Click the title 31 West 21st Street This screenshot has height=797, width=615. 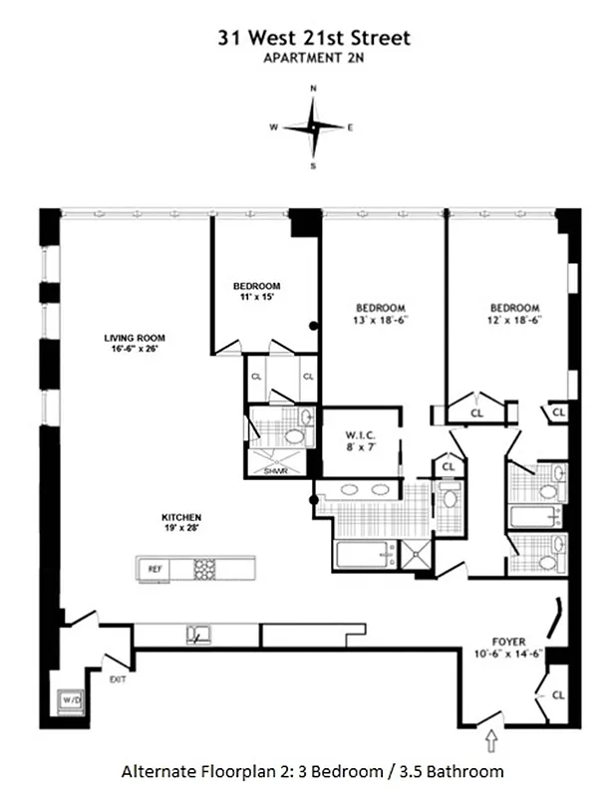pyautogui.click(x=314, y=38)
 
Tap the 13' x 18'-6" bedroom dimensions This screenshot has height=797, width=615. pyautogui.click(x=380, y=320)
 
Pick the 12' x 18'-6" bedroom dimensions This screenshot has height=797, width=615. pyautogui.click(x=514, y=320)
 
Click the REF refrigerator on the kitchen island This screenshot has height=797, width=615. pyautogui.click(x=154, y=569)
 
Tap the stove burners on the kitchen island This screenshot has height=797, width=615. pyautogui.click(x=204, y=569)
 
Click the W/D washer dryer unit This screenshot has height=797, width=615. pyautogui.click(x=73, y=699)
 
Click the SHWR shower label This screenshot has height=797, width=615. pyautogui.click(x=276, y=471)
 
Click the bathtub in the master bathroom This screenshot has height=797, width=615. pyautogui.click(x=359, y=555)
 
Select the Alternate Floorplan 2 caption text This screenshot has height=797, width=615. pyautogui.click(x=312, y=771)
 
